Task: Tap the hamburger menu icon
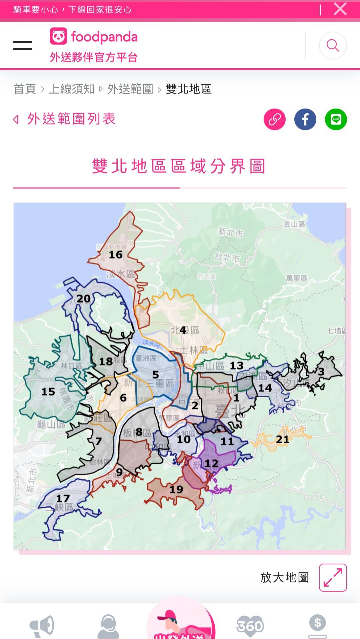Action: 23,46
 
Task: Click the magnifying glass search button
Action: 333,46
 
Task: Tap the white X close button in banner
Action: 340,9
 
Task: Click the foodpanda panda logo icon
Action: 58,36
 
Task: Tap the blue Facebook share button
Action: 305,119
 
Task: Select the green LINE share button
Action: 336,119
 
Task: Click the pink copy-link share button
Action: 274,119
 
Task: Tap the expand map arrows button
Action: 333,577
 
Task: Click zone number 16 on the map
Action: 116,255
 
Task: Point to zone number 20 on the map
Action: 84,299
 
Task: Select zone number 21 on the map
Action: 282,440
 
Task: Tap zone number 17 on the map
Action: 63,499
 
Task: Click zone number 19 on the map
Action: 176,489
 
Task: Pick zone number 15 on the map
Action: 48,392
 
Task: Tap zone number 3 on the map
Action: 321,372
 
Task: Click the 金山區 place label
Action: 294,224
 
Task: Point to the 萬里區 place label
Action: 297,278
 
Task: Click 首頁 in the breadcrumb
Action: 25,89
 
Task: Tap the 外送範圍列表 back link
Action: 71,119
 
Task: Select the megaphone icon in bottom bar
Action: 42,626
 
